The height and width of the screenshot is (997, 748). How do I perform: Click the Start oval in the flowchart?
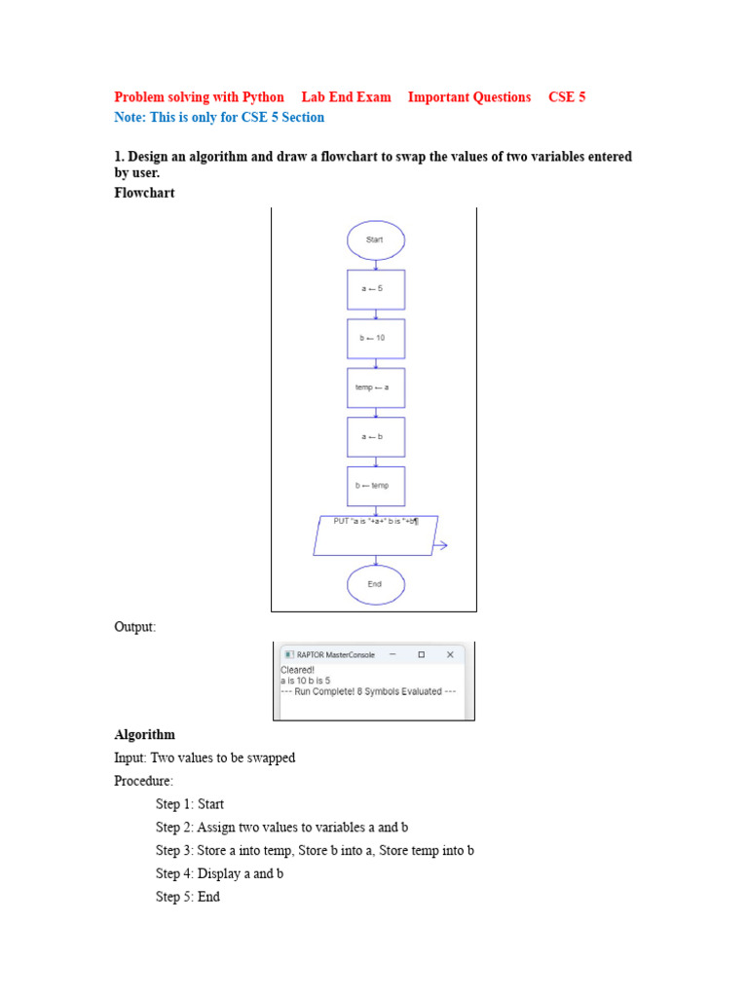(375, 240)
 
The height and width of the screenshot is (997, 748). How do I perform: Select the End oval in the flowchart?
(375, 584)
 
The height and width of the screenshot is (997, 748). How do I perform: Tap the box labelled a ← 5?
(375, 289)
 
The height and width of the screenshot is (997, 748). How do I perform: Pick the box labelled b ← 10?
(375, 338)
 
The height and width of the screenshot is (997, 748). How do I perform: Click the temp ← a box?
(375, 388)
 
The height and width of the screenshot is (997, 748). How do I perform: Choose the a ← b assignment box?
(375, 436)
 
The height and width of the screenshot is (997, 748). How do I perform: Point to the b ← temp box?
(375, 486)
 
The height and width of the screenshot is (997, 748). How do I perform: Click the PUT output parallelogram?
(375, 535)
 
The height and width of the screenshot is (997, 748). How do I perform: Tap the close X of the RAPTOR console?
(450, 655)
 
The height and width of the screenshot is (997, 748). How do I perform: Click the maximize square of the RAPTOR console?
(421, 655)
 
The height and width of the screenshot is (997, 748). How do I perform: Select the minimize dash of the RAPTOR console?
(393, 655)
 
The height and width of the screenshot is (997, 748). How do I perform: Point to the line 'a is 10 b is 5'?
(305, 681)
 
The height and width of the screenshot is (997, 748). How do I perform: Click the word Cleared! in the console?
(297, 670)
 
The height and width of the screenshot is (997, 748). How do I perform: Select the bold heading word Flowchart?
(144, 193)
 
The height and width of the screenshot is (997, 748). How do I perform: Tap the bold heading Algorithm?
(144, 734)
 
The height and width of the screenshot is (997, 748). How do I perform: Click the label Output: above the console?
(134, 627)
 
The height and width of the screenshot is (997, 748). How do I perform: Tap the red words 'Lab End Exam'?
(346, 97)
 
